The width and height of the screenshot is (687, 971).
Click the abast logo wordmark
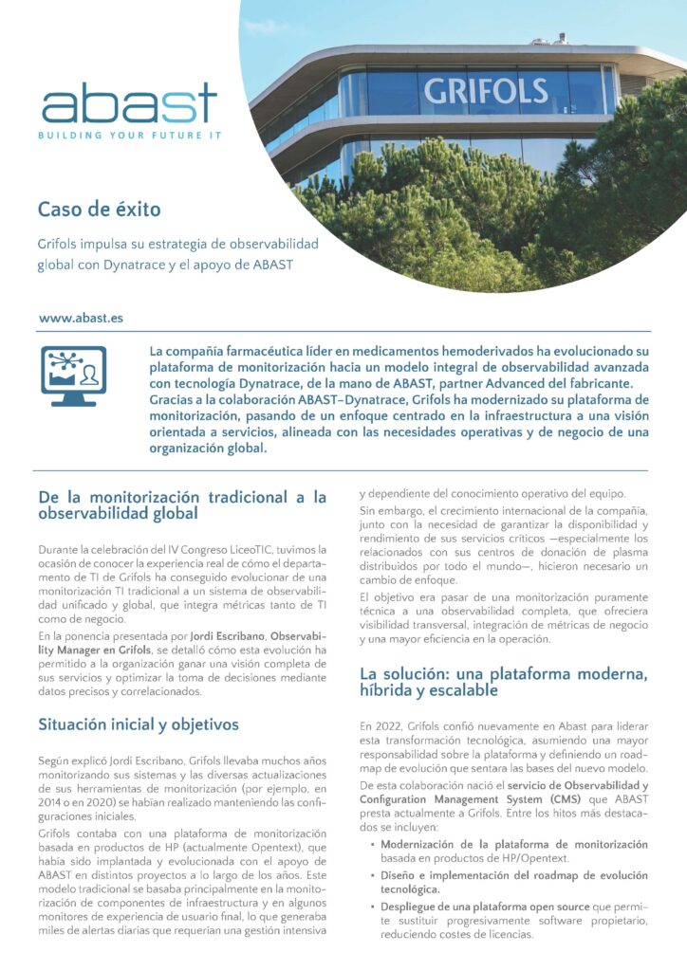pos(129,103)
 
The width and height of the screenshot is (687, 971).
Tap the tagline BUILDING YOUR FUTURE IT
pos(129,136)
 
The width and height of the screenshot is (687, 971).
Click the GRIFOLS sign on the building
pos(486,92)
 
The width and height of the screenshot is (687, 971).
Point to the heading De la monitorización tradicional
pos(181,505)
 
